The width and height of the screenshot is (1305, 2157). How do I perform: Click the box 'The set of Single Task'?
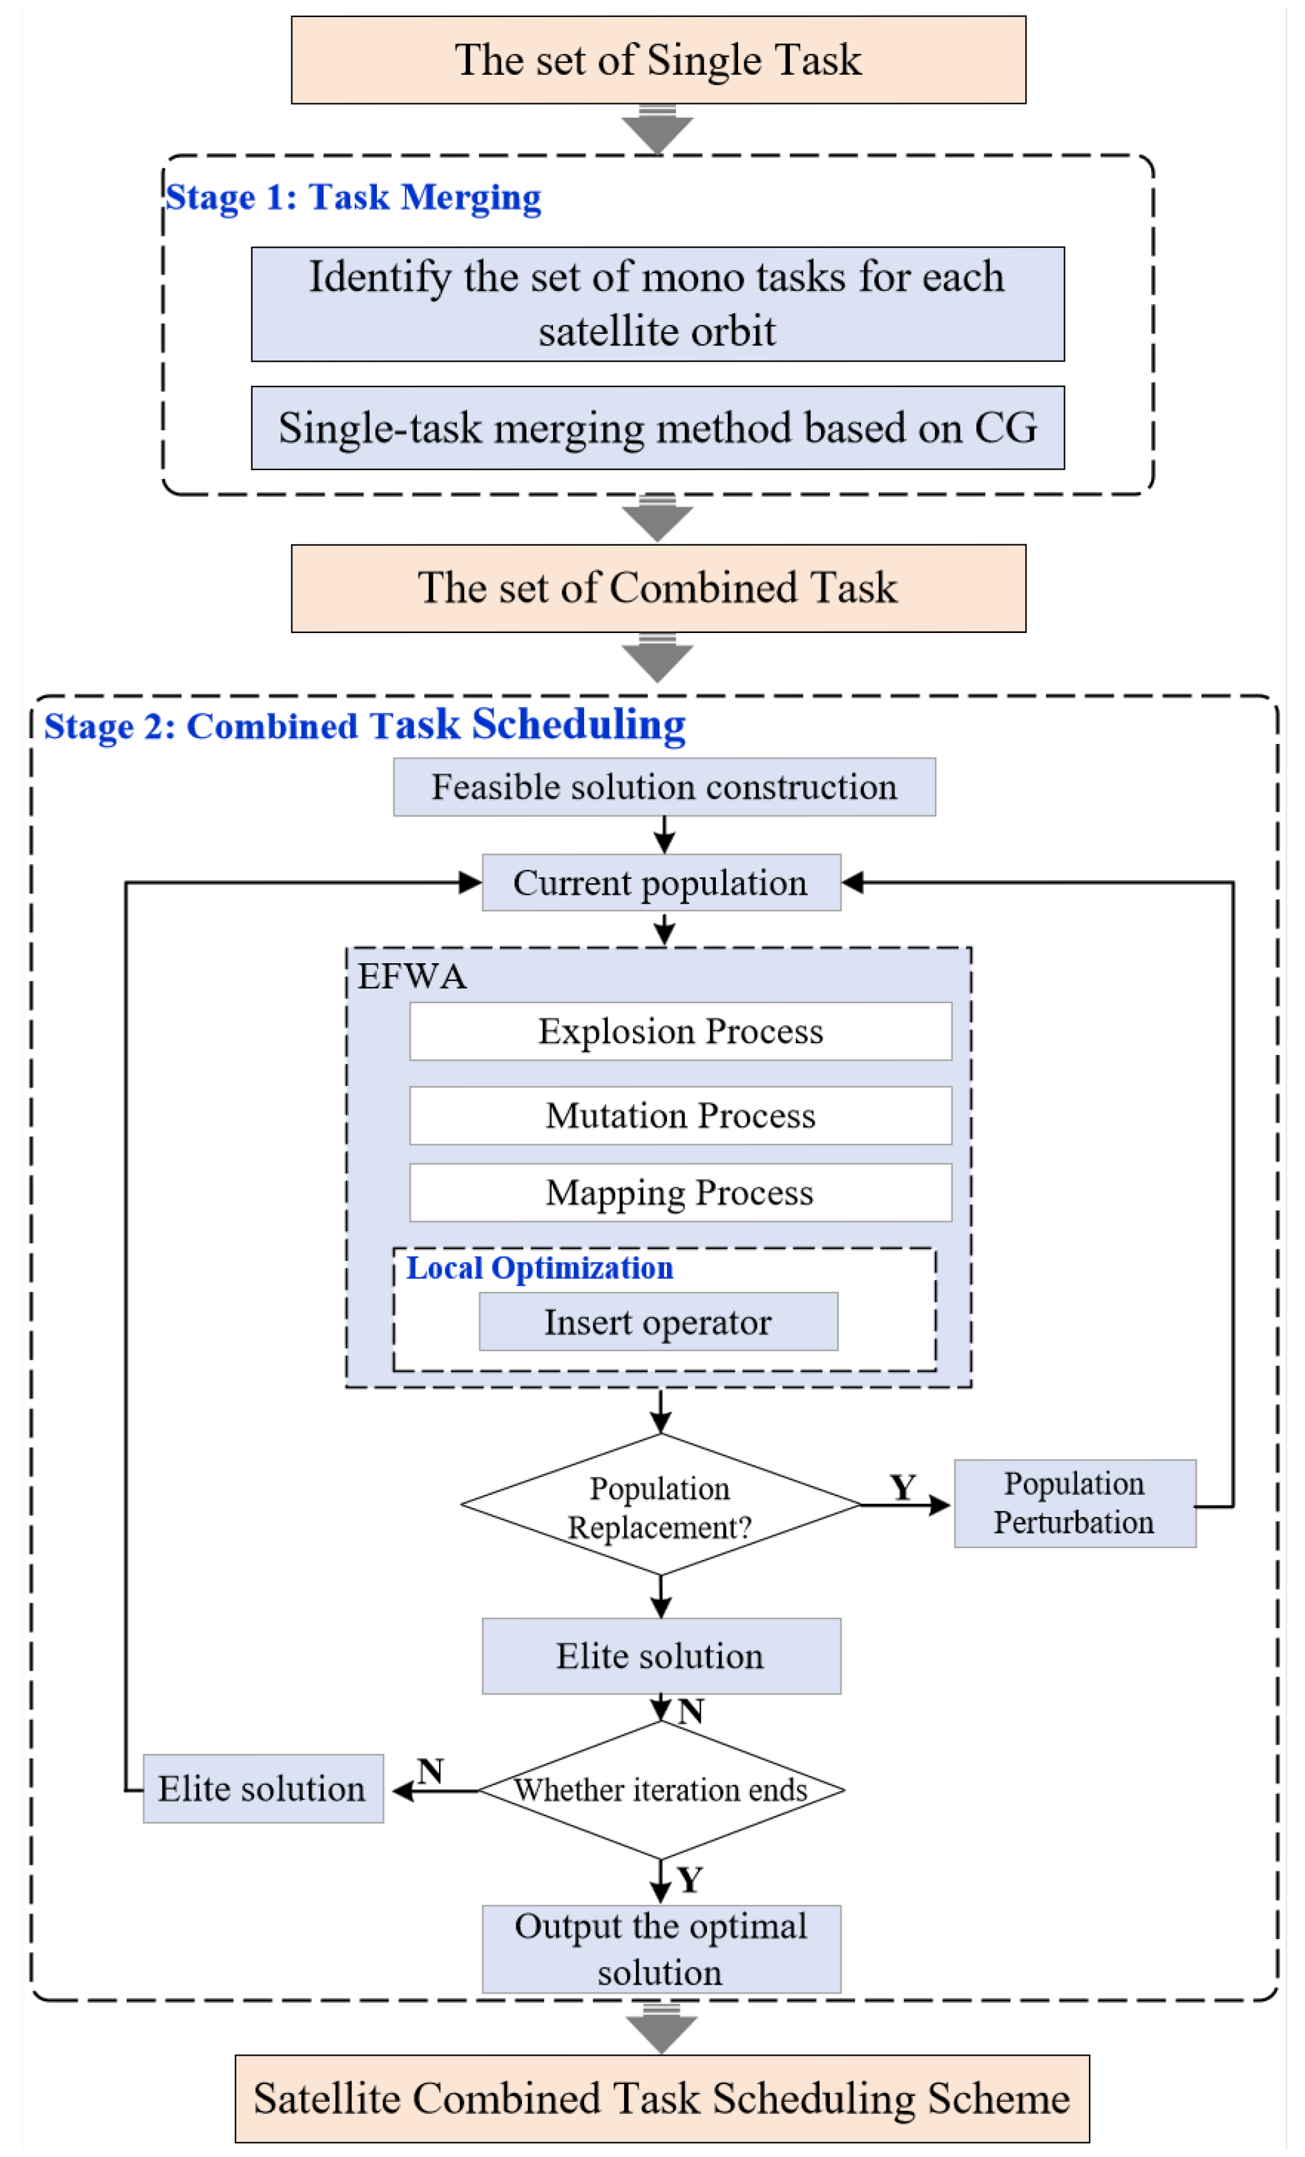[x=658, y=60]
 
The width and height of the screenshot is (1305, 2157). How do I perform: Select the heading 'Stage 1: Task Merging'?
[x=353, y=197]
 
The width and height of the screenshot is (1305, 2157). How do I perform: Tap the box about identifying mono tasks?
[x=658, y=304]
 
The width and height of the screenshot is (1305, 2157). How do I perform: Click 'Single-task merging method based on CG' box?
[x=658, y=428]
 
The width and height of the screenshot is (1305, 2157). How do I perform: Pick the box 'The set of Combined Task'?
[x=658, y=588]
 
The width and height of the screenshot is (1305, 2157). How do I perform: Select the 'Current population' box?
[x=661, y=883]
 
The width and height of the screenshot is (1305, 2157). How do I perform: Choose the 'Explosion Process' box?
[x=680, y=1031]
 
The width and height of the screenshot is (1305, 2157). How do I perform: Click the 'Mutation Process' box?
[x=680, y=1115]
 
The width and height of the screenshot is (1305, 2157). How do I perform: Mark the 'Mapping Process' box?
[x=680, y=1193]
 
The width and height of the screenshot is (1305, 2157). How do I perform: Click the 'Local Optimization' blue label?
[x=539, y=1267]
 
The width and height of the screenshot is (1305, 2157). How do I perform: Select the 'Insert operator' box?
[x=658, y=1322]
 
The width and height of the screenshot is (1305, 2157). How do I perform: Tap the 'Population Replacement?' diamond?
[x=660, y=1506]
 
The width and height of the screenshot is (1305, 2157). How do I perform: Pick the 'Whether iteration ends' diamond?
[x=661, y=1790]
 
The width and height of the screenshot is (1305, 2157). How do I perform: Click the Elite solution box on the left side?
[x=262, y=1788]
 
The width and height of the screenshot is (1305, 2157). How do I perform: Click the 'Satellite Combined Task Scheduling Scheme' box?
[x=662, y=2098]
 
